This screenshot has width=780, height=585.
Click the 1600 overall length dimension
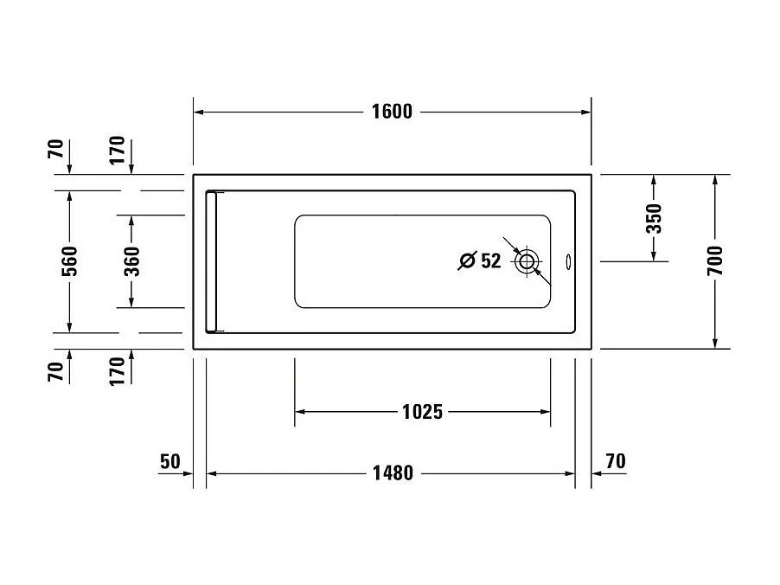pyautogui.click(x=392, y=112)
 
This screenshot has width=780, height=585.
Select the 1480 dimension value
pyautogui.click(x=393, y=473)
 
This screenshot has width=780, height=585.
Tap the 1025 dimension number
pyautogui.click(x=422, y=412)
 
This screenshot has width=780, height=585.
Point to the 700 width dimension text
pyautogui.click(x=715, y=260)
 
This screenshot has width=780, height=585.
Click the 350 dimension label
pyautogui.click(x=653, y=218)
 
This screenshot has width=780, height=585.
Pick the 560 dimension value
pyautogui.click(x=70, y=260)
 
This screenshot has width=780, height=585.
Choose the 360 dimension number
pyautogui.click(x=131, y=260)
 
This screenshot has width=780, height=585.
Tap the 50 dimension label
pyautogui.click(x=169, y=461)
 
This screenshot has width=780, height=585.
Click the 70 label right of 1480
pyautogui.click(x=615, y=461)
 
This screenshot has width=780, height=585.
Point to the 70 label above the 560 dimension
pyautogui.click(x=55, y=150)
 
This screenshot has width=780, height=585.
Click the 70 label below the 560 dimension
pyautogui.click(x=55, y=372)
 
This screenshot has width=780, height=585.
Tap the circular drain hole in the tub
pyautogui.click(x=527, y=260)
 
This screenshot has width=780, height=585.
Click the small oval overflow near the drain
pyautogui.click(x=568, y=260)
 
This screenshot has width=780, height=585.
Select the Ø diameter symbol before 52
pyautogui.click(x=466, y=260)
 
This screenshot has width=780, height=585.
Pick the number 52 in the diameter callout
pyautogui.click(x=490, y=260)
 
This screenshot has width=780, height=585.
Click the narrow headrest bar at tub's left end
pyautogui.click(x=212, y=261)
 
